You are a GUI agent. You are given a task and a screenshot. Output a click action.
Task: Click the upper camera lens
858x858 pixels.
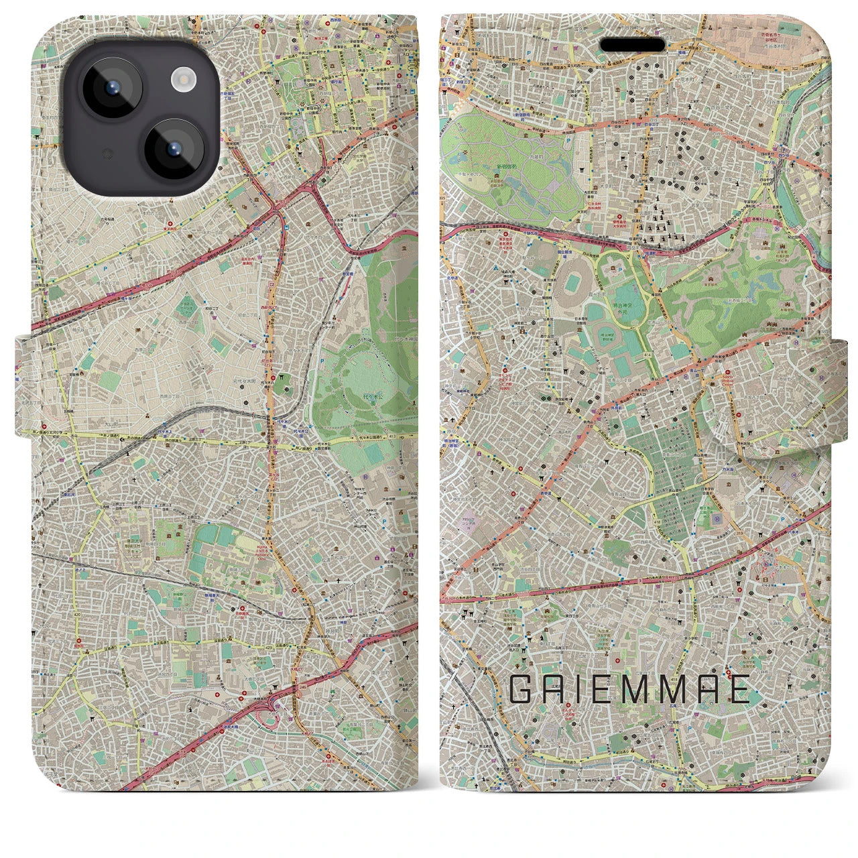pyautogui.click(x=109, y=88)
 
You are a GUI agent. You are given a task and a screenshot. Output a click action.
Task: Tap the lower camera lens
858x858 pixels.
pyautogui.click(x=172, y=150)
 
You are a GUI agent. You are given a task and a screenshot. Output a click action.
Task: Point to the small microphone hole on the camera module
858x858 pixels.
pyautogui.click(x=105, y=154)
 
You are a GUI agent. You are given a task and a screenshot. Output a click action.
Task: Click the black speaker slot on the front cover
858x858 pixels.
pyautogui.click(x=632, y=44)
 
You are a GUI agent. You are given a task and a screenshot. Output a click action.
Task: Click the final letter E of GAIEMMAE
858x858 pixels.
pyautogui.click(x=740, y=690)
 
